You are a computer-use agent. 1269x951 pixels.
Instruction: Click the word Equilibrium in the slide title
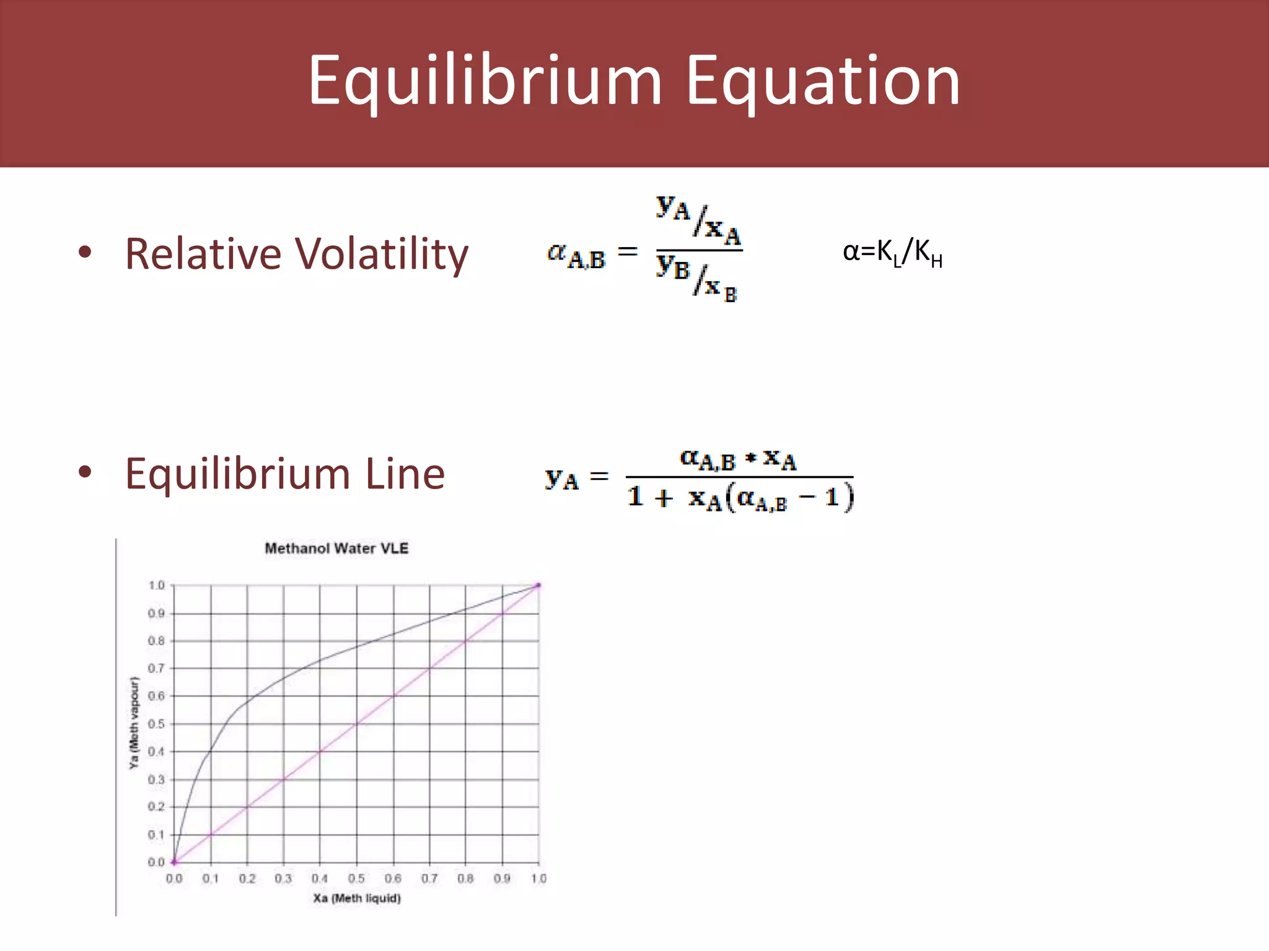485,81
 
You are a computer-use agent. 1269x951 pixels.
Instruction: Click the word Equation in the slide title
823,81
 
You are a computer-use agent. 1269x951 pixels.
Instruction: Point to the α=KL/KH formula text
892,253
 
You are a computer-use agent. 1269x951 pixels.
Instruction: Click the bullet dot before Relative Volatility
86,252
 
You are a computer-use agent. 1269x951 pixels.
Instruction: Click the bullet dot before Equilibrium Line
86,472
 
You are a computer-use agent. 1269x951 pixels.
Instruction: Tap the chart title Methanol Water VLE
336,549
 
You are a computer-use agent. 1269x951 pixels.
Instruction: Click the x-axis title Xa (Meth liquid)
357,898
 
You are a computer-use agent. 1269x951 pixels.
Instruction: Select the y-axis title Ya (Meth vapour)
134,723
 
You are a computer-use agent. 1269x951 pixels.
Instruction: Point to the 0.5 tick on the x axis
356,879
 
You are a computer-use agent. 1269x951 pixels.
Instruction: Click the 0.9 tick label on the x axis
502,879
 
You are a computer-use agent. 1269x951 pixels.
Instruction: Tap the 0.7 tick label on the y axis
156,669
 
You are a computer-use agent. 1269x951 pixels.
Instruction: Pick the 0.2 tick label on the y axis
156,807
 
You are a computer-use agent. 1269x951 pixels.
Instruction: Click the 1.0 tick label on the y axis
156,586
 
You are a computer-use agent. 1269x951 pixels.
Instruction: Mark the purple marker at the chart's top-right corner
538,585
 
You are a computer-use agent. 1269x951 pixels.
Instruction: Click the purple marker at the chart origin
174,862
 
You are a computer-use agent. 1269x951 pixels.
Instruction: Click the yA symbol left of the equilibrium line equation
561,479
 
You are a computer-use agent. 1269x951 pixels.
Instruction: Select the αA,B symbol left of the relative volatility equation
576,255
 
